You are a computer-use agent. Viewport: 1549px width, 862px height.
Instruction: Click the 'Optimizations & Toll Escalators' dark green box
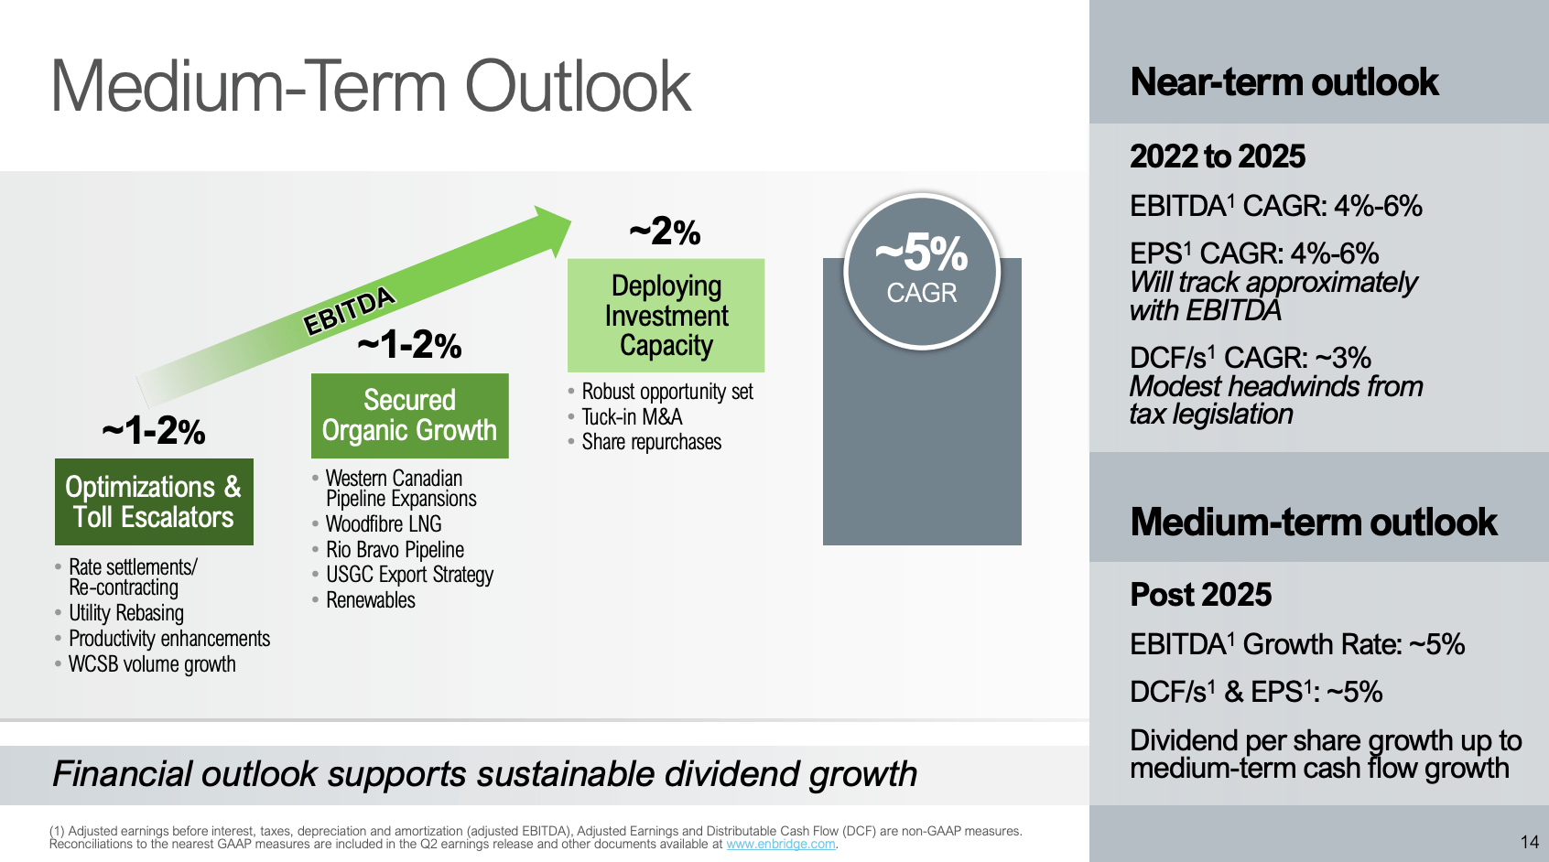pyautogui.click(x=154, y=501)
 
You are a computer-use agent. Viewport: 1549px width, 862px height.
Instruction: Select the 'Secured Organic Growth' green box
pyautogui.click(x=409, y=415)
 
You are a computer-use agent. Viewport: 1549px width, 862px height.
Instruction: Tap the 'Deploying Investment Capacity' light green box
pyautogui.click(x=666, y=316)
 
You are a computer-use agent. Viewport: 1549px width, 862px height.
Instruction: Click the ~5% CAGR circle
pyautogui.click(x=922, y=271)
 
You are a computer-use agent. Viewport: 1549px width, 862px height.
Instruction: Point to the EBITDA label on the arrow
pyautogui.click(x=349, y=310)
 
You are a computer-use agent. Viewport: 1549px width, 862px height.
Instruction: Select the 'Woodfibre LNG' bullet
pyautogui.click(x=384, y=524)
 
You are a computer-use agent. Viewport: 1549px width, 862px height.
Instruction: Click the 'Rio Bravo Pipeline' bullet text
pyautogui.click(x=395, y=550)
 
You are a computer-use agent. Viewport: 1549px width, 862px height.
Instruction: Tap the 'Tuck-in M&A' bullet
pyautogui.click(x=632, y=417)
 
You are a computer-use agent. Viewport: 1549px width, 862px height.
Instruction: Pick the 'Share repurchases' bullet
pyautogui.click(x=651, y=442)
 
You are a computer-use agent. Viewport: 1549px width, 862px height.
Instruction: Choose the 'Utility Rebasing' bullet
pyautogui.click(x=126, y=613)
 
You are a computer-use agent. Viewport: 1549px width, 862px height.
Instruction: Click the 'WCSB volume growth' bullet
pyautogui.click(x=152, y=664)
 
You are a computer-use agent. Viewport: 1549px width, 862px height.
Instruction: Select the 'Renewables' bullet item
pyautogui.click(x=371, y=600)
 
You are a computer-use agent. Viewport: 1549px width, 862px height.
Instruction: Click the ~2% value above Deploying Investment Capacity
pyautogui.click(x=665, y=232)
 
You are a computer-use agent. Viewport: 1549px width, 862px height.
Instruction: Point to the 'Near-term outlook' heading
pyautogui.click(x=1284, y=82)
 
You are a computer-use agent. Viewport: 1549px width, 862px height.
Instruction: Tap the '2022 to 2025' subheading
pyautogui.click(x=1217, y=156)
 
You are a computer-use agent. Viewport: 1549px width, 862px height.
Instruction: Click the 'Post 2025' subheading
pyautogui.click(x=1200, y=595)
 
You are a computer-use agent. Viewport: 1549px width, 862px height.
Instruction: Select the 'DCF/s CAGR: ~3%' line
pyautogui.click(x=1250, y=358)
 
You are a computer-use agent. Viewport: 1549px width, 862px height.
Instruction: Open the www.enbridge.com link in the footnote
pyautogui.click(x=780, y=844)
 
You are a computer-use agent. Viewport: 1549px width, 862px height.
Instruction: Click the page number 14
pyautogui.click(x=1529, y=842)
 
